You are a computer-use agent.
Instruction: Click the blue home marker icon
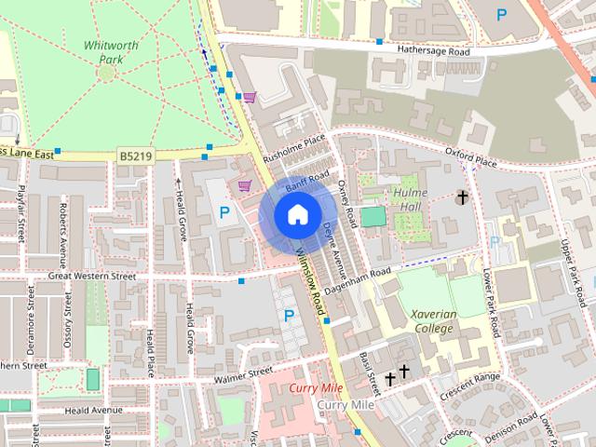(297, 215)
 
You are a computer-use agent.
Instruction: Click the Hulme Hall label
(410, 198)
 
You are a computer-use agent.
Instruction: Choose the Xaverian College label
(434, 321)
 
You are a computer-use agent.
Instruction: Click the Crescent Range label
(474, 382)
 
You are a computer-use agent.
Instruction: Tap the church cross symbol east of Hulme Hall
(462, 197)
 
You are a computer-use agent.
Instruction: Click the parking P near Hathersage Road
(503, 14)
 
